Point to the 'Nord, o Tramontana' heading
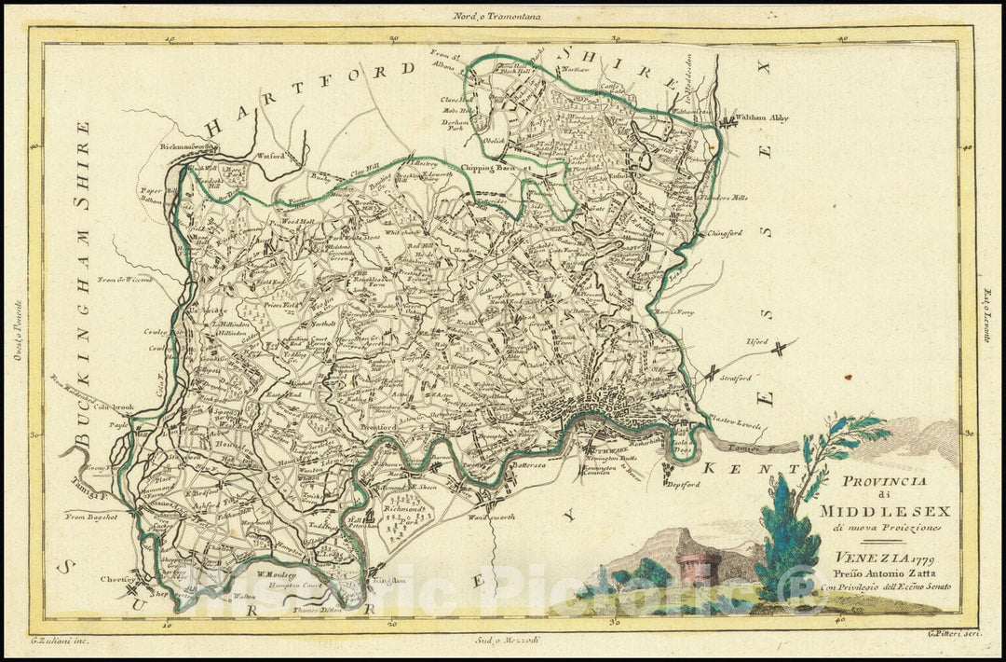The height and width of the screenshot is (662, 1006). (x=503, y=15)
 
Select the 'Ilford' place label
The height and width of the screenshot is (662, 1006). (x=756, y=342)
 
